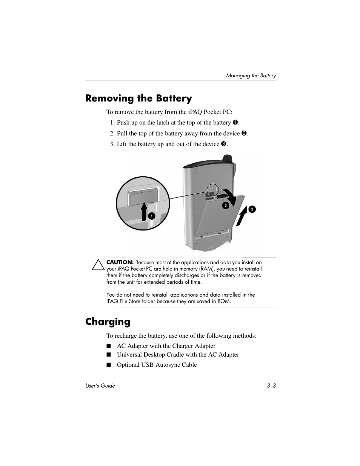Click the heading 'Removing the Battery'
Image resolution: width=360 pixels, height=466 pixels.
(x=138, y=98)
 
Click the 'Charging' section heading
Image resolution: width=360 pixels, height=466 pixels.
(x=108, y=321)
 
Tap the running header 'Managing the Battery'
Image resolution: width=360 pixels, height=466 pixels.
(x=251, y=75)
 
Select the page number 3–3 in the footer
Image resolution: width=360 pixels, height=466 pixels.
(x=271, y=386)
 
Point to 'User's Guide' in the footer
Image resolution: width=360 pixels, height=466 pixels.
(x=100, y=386)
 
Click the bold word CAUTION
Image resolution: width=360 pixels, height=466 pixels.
(x=120, y=262)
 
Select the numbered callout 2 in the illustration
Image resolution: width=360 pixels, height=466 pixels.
(x=225, y=205)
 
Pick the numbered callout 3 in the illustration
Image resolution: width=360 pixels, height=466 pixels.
(x=252, y=209)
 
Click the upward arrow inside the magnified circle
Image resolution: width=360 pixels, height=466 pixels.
(x=144, y=211)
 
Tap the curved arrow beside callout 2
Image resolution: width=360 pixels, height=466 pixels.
(x=231, y=196)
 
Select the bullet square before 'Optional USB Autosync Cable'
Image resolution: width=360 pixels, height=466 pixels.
(x=109, y=365)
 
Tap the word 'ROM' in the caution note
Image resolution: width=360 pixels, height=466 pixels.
(x=224, y=301)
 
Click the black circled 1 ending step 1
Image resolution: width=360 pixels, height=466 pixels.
(x=235, y=123)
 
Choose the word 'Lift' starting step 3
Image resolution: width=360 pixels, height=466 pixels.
(x=122, y=144)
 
